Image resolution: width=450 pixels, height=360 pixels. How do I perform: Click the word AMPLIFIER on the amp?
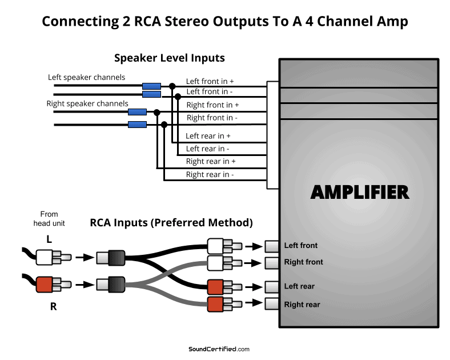tap(360, 192)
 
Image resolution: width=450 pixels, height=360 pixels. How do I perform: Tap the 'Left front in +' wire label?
tap(210, 82)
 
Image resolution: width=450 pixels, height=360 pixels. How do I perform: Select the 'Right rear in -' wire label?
tap(210, 175)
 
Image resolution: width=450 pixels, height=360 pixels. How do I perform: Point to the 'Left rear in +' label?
tap(208, 136)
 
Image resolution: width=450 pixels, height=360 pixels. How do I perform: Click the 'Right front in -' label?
tap(212, 118)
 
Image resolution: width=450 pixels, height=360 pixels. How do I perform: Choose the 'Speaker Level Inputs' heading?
tap(170, 58)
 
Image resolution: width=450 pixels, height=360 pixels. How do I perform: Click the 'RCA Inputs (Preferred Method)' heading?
tap(171, 222)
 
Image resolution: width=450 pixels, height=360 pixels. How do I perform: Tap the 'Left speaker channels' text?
tap(86, 77)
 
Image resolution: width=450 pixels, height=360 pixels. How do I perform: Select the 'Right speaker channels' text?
tap(87, 104)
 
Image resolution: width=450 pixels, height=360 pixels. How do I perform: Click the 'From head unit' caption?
tap(49, 219)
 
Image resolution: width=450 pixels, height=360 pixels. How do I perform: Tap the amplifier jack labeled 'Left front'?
tap(272, 246)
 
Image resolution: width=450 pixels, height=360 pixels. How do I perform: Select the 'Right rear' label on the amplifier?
tap(302, 305)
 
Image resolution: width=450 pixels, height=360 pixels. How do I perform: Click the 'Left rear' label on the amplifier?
tap(299, 286)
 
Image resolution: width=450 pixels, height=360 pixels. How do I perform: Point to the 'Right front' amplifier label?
tap(303, 262)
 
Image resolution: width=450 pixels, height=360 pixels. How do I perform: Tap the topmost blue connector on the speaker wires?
tap(151, 86)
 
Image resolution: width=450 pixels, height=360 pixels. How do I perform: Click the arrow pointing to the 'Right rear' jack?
tap(251, 303)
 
